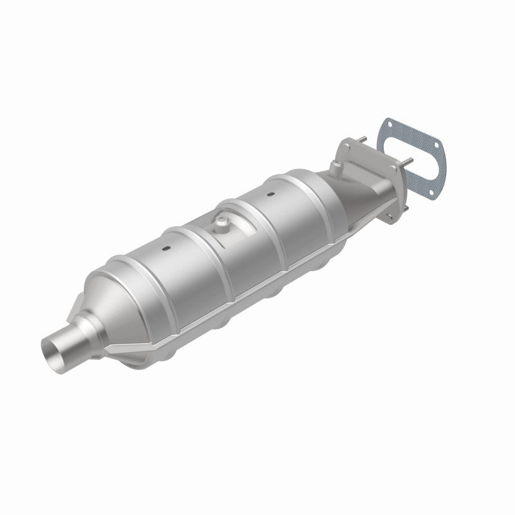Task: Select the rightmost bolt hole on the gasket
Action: (x=436, y=145)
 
